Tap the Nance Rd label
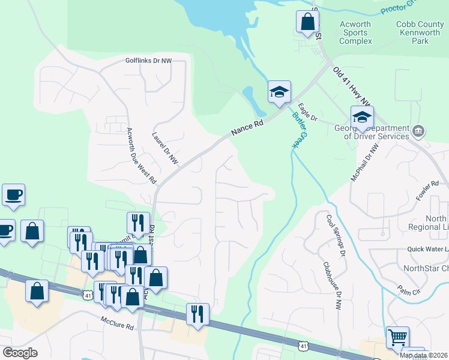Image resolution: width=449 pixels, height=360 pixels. pos(246,127)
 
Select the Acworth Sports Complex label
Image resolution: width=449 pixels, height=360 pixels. pos(355,33)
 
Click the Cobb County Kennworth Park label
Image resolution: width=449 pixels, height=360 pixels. pos(420,33)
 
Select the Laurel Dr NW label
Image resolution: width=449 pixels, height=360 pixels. pos(165,148)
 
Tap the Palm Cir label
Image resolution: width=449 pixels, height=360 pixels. pos(410,291)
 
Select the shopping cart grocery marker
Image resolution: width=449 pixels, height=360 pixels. pos(397,337)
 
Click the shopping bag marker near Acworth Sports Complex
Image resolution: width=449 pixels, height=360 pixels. pos(307,22)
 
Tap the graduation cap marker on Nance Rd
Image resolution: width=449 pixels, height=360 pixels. pos(279,92)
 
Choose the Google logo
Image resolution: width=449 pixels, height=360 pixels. pos(20,353)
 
